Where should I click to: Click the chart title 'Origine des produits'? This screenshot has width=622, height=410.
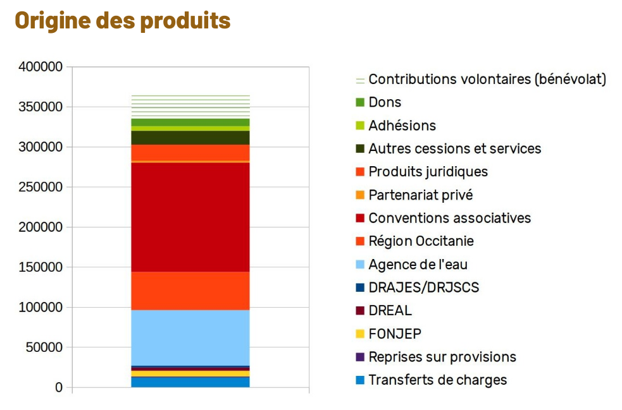[122, 20]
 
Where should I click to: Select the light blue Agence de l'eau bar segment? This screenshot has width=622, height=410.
[190, 337]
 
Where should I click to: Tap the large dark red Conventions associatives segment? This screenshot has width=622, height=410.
[190, 217]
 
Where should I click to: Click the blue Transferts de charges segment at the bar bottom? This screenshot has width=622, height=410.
[190, 382]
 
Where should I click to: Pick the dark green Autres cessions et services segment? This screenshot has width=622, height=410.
[190, 138]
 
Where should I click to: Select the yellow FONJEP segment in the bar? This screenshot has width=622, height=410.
[190, 373]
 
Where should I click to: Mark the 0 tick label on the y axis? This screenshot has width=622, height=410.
[59, 387]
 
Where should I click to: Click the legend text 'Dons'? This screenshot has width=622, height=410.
[385, 102]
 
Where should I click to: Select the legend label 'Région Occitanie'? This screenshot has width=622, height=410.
[421, 241]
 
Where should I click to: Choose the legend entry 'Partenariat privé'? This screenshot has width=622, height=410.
[420, 195]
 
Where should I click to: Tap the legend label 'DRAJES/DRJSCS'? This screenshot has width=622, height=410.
[423, 287]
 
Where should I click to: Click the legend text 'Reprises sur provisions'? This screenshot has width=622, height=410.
[442, 357]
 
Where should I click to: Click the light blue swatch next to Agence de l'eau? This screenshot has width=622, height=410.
[360, 265]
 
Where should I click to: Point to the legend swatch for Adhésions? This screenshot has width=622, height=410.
[360, 126]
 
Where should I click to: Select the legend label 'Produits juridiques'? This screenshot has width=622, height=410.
[428, 172]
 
